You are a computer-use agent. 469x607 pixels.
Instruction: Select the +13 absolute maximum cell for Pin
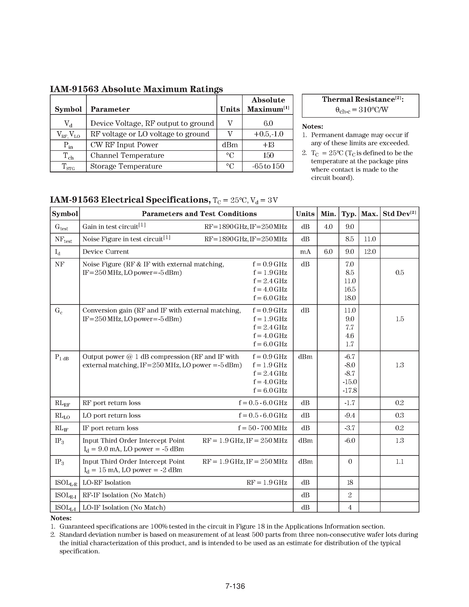268,145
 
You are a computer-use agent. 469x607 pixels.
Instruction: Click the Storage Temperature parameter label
126,166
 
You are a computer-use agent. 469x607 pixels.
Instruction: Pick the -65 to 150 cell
268,166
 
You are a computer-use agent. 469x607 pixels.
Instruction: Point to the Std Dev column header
399,214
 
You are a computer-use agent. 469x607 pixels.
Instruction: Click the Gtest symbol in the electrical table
61,227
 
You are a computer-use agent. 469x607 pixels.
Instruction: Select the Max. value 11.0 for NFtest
369,239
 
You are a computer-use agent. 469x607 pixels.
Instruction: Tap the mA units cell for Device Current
305,252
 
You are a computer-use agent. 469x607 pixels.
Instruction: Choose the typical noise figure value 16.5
350,289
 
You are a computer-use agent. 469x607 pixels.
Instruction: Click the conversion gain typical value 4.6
350,336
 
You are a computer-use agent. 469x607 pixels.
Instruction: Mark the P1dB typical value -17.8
350,390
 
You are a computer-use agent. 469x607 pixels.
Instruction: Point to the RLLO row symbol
62,416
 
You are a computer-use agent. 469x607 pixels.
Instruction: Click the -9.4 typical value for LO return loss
350,415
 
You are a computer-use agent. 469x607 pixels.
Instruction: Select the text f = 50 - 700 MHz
262,428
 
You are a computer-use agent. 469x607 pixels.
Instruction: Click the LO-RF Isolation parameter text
106,482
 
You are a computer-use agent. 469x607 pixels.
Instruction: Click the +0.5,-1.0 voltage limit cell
268,134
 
